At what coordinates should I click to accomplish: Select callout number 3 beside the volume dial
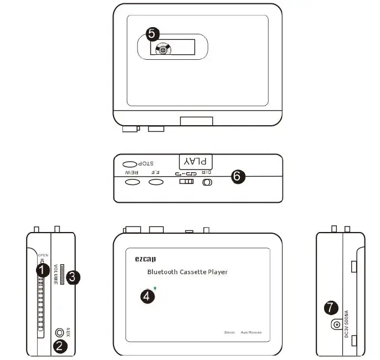[74, 277]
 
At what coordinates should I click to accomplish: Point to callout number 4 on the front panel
[147, 296]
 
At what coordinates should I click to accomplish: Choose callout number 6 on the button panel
[237, 177]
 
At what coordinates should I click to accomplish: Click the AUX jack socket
[60, 333]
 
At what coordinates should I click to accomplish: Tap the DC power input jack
[336, 325]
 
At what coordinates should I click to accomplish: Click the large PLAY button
[196, 161]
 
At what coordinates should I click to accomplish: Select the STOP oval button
[129, 164]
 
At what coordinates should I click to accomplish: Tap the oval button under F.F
[156, 182]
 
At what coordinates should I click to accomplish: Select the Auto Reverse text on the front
[250, 332]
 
